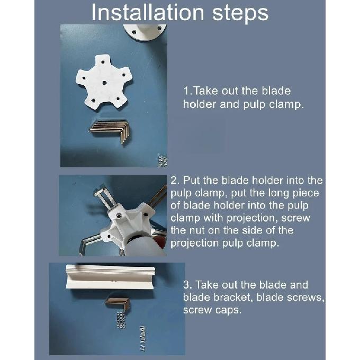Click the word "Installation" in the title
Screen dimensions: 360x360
(148, 12)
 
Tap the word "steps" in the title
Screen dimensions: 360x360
(240, 13)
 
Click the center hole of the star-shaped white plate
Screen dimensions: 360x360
(104, 83)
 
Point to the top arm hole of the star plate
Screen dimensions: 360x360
(103, 62)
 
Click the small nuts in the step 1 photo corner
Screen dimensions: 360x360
(163, 161)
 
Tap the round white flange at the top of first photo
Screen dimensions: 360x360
(145, 32)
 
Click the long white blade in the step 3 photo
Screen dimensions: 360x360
(110, 276)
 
